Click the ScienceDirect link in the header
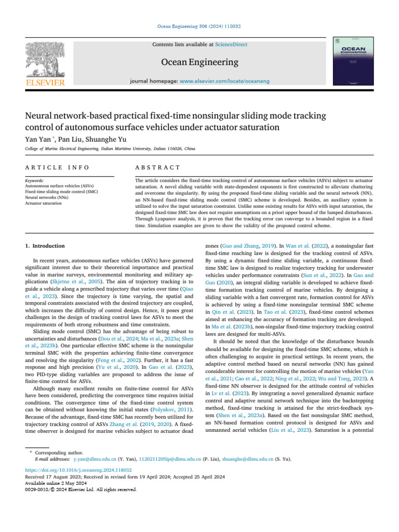(231, 45)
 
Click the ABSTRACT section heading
(157, 167)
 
